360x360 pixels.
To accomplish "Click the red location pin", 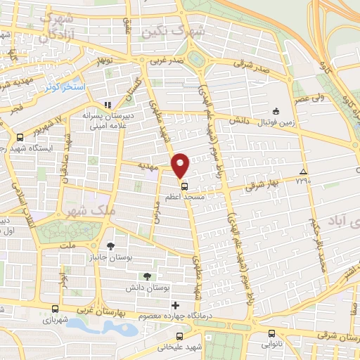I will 181,165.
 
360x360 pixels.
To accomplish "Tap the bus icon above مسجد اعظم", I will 185,186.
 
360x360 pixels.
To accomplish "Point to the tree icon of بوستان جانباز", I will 111,245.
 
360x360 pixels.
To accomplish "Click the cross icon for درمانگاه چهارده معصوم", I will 175,305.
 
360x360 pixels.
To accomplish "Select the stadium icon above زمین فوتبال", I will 275,110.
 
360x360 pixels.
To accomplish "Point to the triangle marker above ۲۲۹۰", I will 303,172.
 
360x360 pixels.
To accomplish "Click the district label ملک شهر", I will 83,210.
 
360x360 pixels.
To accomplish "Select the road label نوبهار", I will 105,61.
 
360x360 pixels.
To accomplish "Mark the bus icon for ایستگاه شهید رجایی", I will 20,137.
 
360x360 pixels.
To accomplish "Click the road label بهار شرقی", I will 264,185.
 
